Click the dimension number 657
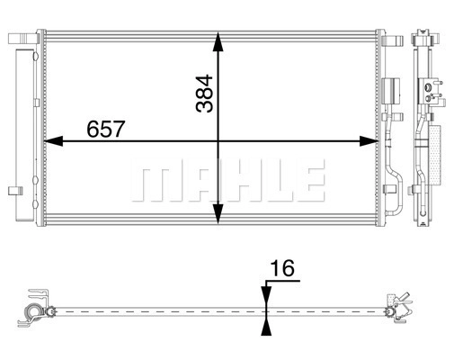[x=105, y=129]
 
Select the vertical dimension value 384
[x=204, y=94]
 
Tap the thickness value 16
[x=282, y=268]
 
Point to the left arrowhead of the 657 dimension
[x=54, y=140]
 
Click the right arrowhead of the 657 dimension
[x=369, y=140]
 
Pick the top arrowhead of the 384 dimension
[x=218, y=41]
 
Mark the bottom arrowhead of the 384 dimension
[x=218, y=213]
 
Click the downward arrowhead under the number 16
[x=266, y=297]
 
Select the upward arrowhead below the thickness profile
[x=266, y=326]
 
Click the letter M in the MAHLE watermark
[x=156, y=180]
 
